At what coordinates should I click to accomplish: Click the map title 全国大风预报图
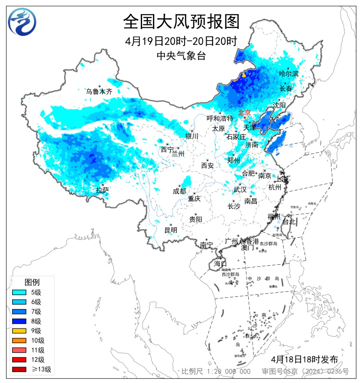(181, 21)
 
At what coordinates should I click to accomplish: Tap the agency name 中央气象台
(181, 55)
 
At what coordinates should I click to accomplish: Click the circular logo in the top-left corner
(22, 22)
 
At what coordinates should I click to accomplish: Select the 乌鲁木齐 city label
(99, 91)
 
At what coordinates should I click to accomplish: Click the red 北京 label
(244, 113)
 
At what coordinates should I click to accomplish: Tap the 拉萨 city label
(102, 190)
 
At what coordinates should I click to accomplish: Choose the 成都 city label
(179, 191)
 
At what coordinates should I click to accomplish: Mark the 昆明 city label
(171, 230)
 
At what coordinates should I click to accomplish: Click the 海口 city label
(221, 264)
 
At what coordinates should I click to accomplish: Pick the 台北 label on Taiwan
(289, 222)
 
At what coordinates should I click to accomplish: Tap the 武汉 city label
(240, 190)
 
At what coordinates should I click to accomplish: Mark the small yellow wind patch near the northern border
(243, 74)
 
